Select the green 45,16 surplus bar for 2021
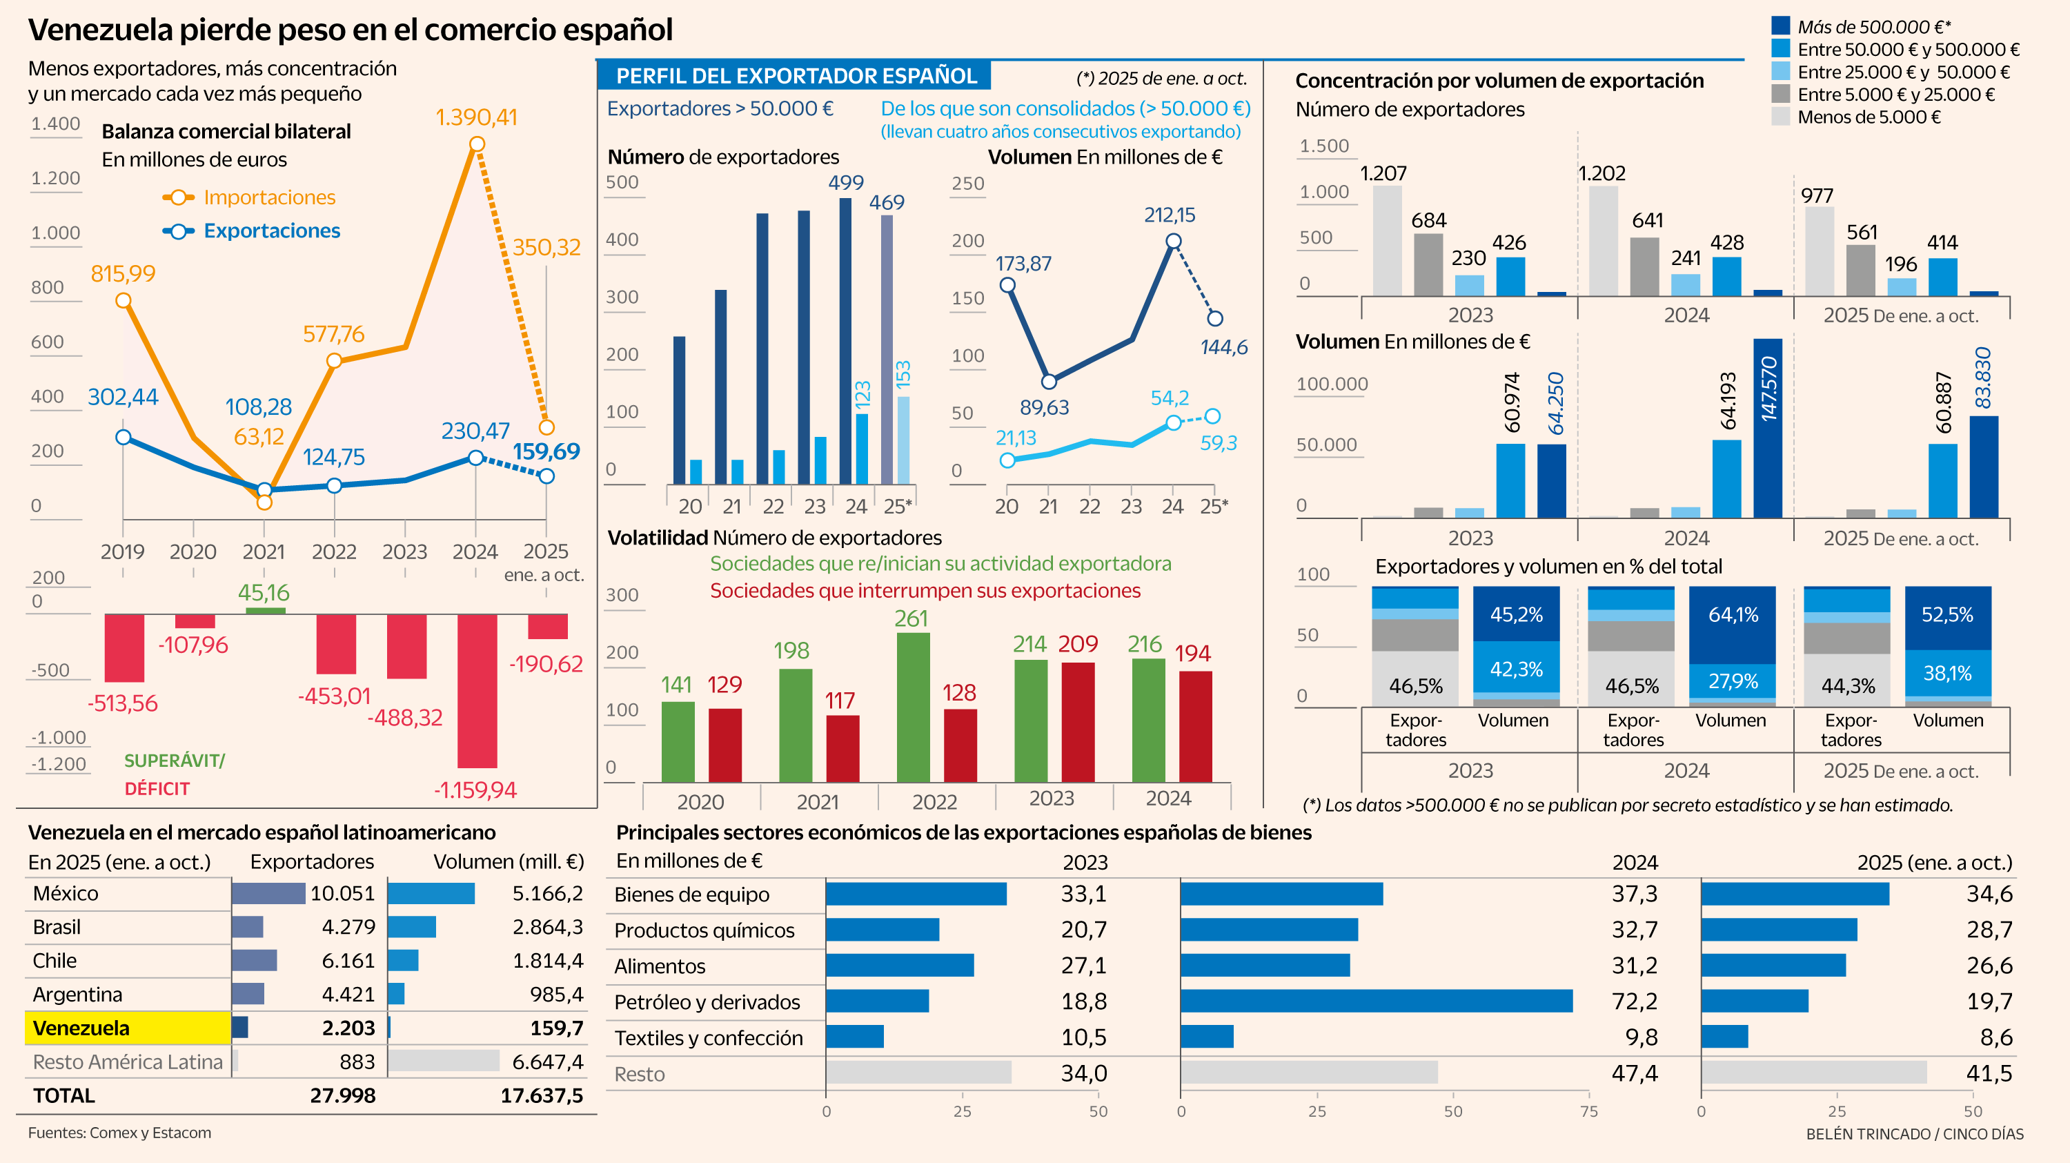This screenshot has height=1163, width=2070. click(265, 611)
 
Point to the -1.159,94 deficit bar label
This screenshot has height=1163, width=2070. click(475, 790)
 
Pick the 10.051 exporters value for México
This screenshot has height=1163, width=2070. click(342, 894)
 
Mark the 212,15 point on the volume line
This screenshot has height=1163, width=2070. click(1173, 241)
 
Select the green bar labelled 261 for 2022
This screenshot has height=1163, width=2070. click(913, 707)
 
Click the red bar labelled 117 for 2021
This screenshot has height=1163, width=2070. click(842, 748)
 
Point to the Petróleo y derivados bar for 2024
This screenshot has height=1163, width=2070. click(1376, 1001)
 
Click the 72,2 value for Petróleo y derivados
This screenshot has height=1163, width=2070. click(1634, 1001)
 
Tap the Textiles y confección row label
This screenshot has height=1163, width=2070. click(708, 1037)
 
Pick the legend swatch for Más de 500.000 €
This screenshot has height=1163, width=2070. click(1780, 26)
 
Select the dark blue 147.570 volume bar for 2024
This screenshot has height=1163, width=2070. click(1767, 429)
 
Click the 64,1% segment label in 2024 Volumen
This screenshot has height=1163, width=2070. click(1733, 615)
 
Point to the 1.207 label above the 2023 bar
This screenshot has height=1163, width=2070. click(1383, 174)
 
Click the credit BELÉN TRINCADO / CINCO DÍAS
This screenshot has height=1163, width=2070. click(1914, 1134)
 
